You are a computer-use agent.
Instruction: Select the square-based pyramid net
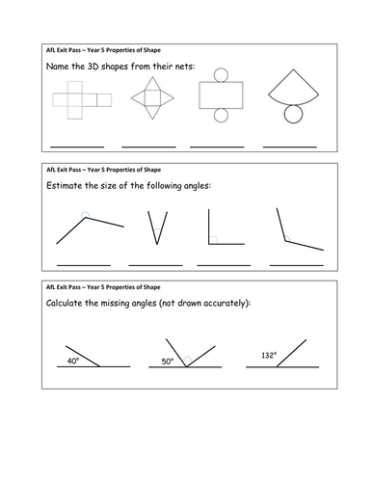152,98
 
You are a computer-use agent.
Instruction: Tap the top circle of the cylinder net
221,75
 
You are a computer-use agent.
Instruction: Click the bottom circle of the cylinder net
221,116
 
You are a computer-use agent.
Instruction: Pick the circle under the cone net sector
293,114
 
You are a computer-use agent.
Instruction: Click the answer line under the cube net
77,147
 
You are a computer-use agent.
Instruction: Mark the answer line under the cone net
290,147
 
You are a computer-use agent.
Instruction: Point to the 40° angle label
73,361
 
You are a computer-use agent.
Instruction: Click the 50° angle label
168,361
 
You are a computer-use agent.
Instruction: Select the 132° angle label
269,355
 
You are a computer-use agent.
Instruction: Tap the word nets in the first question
184,67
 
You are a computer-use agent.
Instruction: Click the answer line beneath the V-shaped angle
155,265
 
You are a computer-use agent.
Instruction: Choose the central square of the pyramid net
152,98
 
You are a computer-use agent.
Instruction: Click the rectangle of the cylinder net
221,95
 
